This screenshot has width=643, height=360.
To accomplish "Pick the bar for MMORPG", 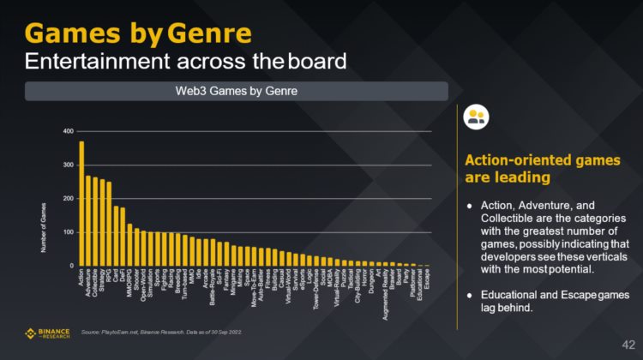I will [x=129, y=245].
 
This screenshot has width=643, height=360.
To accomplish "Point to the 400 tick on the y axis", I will [x=68, y=131].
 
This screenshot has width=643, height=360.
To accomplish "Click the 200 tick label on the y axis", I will [x=68, y=198].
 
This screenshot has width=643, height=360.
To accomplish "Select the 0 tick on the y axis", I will [x=71, y=266].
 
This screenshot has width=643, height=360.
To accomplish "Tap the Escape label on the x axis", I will [x=427, y=284].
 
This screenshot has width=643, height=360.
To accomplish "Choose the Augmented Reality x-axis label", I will [x=386, y=291].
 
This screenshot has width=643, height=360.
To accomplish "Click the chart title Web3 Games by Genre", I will [x=236, y=91].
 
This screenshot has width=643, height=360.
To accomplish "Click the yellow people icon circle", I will [x=475, y=118].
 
